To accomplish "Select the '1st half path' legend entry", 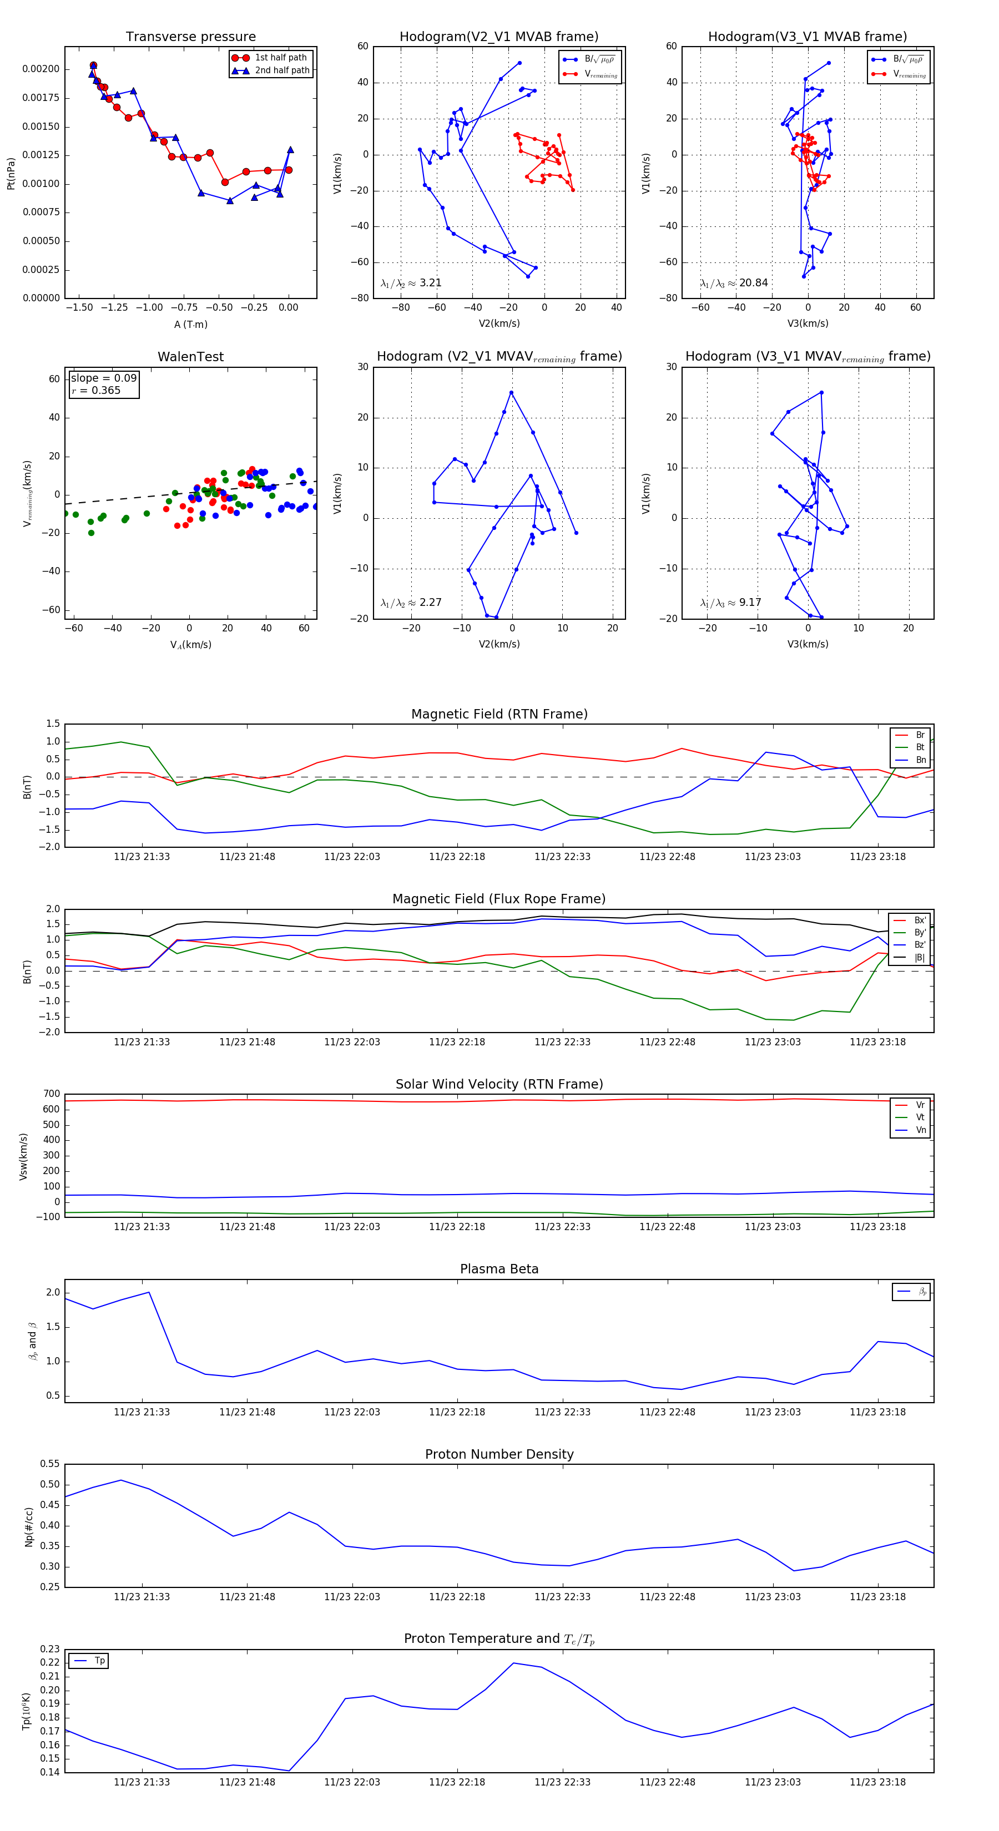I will click(x=280, y=58).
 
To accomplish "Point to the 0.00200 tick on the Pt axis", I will click(x=41, y=69).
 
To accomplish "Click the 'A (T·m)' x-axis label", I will click(x=190, y=324).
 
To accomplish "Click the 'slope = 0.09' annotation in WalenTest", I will click(x=103, y=378).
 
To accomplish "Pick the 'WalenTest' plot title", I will click(x=190, y=357).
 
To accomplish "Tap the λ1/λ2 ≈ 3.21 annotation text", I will click(x=411, y=283).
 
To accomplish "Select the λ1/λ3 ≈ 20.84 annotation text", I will click(x=734, y=283).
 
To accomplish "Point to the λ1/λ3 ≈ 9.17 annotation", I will click(x=730, y=603).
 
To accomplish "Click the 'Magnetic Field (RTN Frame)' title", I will click(x=499, y=714).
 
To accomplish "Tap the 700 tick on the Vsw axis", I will click(x=51, y=1094).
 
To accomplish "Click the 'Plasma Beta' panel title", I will click(x=499, y=1269).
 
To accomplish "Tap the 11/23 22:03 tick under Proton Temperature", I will click(x=352, y=1782).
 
